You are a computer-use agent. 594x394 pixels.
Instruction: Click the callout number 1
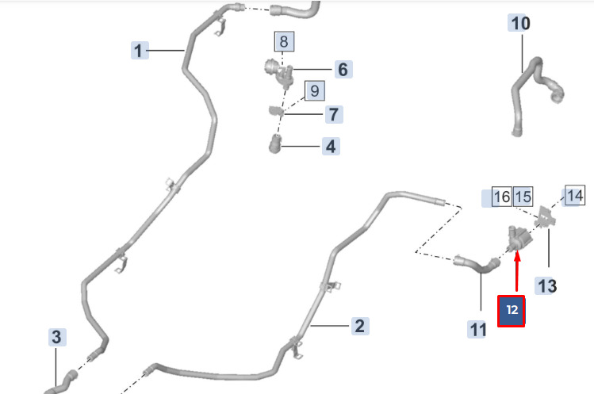click(139, 52)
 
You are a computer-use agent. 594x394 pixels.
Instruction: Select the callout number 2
click(359, 326)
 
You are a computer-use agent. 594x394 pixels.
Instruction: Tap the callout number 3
click(56, 337)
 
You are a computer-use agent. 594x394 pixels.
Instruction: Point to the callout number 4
click(331, 146)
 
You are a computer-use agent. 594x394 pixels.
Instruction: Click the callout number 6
click(343, 70)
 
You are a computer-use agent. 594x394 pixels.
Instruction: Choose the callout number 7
click(333, 114)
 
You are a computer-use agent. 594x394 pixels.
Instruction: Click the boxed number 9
click(314, 91)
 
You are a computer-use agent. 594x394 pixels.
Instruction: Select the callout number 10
click(520, 23)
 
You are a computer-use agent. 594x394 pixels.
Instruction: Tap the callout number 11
click(477, 327)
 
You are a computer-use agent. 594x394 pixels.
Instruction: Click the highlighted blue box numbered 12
click(512, 310)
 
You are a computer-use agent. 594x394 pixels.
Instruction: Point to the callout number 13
click(547, 285)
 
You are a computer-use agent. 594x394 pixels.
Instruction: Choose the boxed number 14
click(574, 195)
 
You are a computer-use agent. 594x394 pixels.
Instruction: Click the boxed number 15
click(523, 197)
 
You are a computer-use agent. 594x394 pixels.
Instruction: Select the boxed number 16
click(501, 197)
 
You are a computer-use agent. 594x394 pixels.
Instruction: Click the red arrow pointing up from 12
click(516, 274)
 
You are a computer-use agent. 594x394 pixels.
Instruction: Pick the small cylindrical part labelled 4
click(274, 145)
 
